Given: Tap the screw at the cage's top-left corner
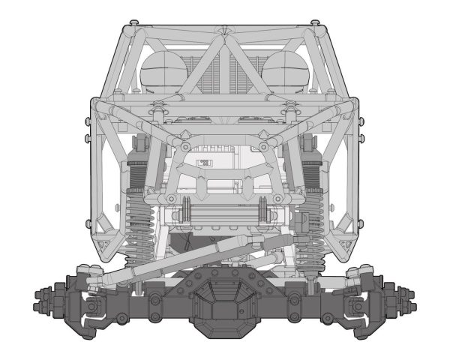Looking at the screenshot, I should point(132,23).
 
